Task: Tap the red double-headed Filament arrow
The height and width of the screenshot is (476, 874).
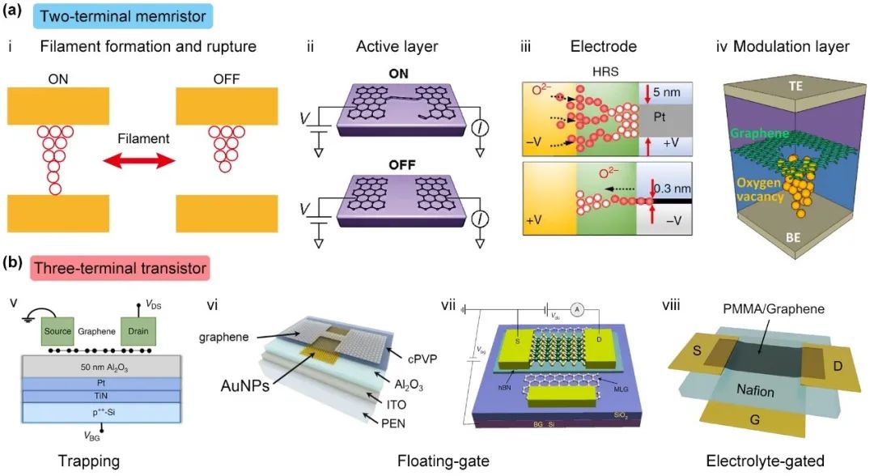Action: tap(142, 161)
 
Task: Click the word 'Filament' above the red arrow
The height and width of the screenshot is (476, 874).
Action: tap(142, 138)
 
